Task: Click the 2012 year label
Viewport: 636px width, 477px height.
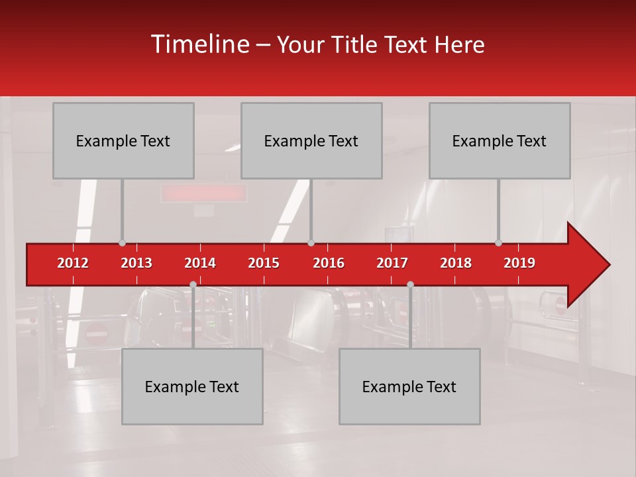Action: click(x=73, y=263)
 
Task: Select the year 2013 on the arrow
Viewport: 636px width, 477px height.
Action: click(x=136, y=263)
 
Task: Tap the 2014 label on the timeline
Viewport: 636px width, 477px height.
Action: click(x=200, y=263)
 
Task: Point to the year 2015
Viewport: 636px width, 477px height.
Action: click(x=264, y=263)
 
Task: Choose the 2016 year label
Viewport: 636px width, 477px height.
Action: click(x=329, y=263)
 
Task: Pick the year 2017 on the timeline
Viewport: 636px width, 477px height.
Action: click(x=392, y=263)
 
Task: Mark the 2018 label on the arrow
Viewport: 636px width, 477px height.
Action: click(x=456, y=263)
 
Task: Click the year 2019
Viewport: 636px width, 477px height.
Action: click(x=519, y=263)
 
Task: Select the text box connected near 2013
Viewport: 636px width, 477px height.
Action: click(x=123, y=140)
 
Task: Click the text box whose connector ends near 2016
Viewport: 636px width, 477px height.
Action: click(x=311, y=140)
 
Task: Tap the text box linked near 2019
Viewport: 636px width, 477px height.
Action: click(x=500, y=140)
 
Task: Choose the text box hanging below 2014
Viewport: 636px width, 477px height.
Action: click(x=192, y=386)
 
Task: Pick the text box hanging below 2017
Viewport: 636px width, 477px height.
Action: click(x=409, y=386)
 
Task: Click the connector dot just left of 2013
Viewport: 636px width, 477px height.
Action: click(x=122, y=243)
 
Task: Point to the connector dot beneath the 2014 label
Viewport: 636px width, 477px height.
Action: click(x=193, y=284)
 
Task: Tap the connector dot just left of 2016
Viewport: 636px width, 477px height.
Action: click(x=311, y=243)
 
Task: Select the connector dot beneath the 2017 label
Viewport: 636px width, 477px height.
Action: click(x=410, y=284)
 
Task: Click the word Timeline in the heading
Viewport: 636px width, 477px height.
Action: click(x=200, y=44)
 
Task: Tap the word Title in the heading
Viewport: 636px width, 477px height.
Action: click(x=356, y=44)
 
